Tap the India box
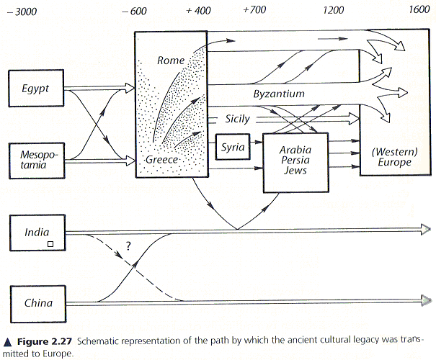37,232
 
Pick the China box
37,302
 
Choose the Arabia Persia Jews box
295,162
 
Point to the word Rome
171,60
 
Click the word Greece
161,159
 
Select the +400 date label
198,10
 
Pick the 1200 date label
334,10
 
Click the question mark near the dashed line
128,246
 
